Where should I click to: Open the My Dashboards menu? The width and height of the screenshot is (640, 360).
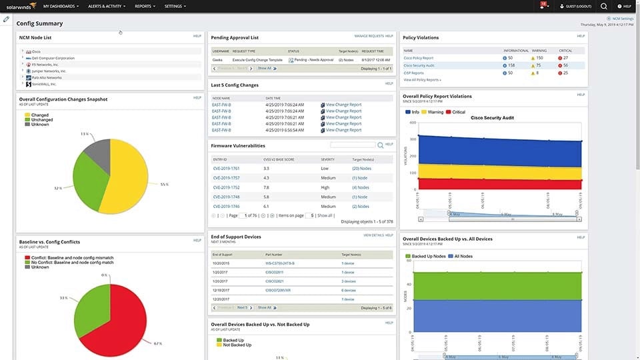[61, 6]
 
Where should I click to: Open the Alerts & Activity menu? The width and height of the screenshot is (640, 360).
[107, 6]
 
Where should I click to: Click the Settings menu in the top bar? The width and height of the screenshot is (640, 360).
[175, 6]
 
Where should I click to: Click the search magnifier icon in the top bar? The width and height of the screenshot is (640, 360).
[604, 6]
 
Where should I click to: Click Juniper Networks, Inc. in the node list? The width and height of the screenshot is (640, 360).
[49, 71]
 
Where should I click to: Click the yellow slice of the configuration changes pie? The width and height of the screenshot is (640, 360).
[137, 177]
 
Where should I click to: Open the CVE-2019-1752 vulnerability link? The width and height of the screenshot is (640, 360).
[226, 187]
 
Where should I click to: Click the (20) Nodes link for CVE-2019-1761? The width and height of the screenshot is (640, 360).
[361, 169]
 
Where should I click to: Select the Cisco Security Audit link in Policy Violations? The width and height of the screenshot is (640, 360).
[419, 65]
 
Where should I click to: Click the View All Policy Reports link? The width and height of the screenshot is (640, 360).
[422, 80]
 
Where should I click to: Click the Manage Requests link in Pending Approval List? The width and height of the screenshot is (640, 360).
[369, 36]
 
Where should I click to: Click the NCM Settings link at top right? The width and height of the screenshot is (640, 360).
[623, 19]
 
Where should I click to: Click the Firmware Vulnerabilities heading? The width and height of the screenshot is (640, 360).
[238, 145]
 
